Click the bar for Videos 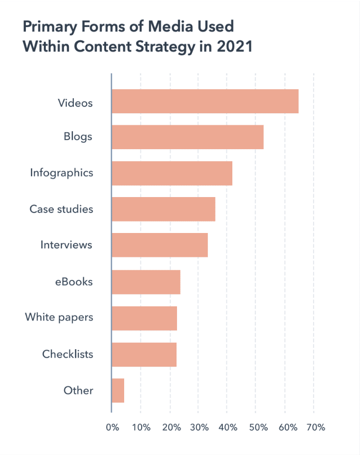coord(205,101)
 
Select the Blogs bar coord(187,137)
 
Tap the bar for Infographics coord(172,173)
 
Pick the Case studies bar coord(164,209)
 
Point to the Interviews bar coord(160,245)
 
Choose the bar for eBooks coord(146,282)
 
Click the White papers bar coord(144,318)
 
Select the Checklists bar coord(144,355)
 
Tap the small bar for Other coord(118,391)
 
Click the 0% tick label coord(113,428)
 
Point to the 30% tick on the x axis coord(198,428)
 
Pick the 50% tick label coord(257,428)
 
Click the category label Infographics coord(61,173)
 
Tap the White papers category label coord(59,317)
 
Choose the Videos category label coord(75,103)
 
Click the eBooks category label coord(74,282)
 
